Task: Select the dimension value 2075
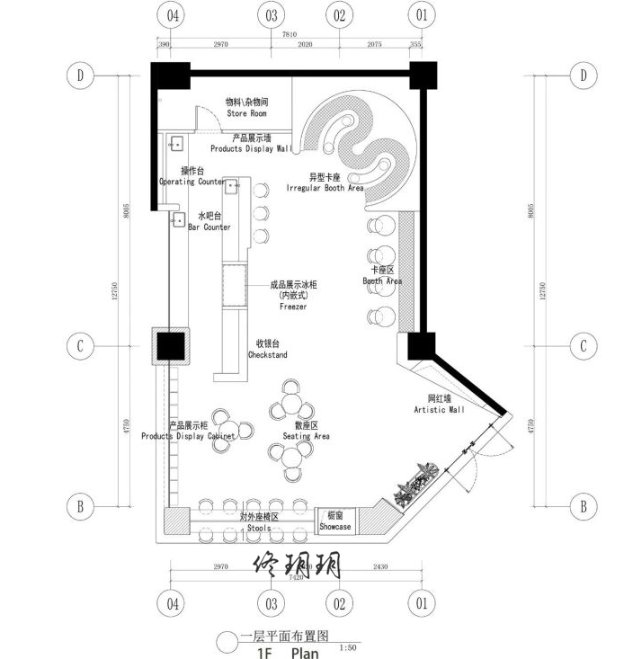[x=375, y=43]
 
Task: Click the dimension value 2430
[x=380, y=568]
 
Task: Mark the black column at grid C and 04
[x=170, y=345]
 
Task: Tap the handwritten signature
[x=297, y=566]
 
